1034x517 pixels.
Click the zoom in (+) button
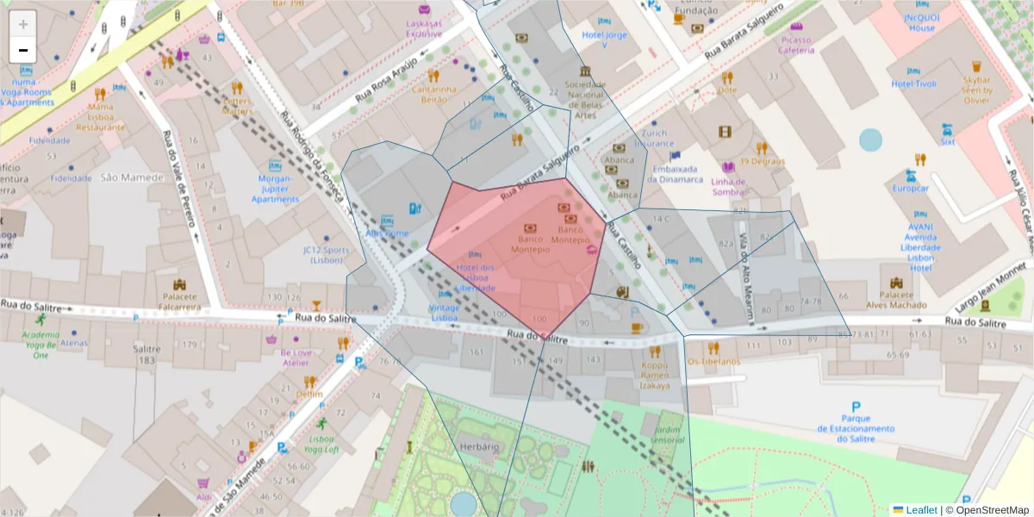(x=23, y=24)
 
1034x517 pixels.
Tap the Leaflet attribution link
(x=921, y=510)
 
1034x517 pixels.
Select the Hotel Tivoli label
(x=913, y=84)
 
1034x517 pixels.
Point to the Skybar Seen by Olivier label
(x=976, y=90)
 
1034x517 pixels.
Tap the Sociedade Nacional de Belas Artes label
(x=585, y=99)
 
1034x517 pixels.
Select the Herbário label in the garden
(x=479, y=446)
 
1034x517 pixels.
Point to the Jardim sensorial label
(x=668, y=434)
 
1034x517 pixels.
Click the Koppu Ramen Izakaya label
(x=654, y=375)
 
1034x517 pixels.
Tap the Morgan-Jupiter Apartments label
(x=275, y=189)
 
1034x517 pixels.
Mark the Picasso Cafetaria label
(x=796, y=45)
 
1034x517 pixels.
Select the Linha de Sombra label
(x=728, y=186)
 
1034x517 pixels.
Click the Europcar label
(x=910, y=188)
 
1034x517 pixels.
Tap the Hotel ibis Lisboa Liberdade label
(x=475, y=277)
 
